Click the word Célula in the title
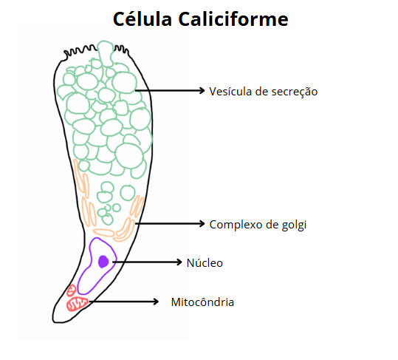143,18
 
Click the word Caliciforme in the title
233,18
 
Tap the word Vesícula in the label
230,91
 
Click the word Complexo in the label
236,225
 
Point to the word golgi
294,225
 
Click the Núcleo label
205,263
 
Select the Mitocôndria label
202,302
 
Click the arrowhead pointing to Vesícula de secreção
202,90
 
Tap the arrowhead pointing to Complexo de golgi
202,223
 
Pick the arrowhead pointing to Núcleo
179,262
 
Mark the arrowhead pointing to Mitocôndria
156,302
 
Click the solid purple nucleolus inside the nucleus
103,262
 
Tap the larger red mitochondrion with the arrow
77,304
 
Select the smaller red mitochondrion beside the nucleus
72,291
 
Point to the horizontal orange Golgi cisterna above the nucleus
103,232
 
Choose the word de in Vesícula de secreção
262,91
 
